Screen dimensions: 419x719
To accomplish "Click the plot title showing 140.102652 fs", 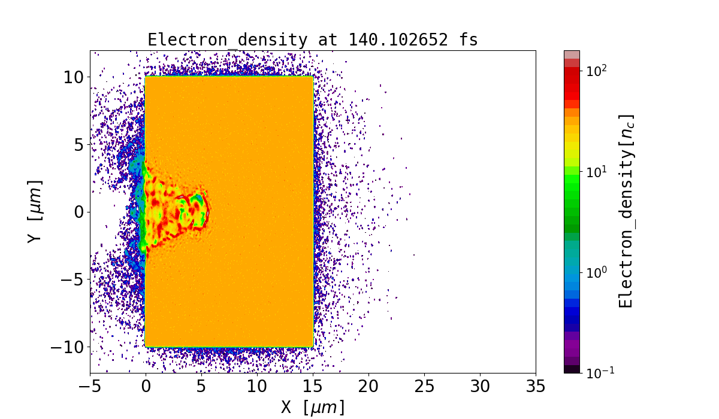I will pyautogui.click(x=312, y=40).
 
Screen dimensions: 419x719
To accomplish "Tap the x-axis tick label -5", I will pyautogui.click(x=90, y=386).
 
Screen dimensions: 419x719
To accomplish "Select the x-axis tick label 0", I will pyautogui.click(x=146, y=386).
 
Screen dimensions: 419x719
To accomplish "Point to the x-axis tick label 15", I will pyautogui.click(x=313, y=386).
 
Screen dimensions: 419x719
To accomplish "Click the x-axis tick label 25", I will pyautogui.click(x=424, y=386).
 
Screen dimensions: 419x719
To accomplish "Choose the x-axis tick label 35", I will pyautogui.click(x=536, y=386).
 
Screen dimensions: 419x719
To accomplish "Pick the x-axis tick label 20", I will pyautogui.click(x=368, y=386).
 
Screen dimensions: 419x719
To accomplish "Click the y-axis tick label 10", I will pyautogui.click(x=74, y=77).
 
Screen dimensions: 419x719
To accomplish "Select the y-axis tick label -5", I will pyautogui.click(x=71, y=280).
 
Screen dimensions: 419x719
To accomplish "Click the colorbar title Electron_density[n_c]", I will pyautogui.click(x=626, y=211).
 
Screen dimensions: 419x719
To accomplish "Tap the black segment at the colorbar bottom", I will pyautogui.click(x=572, y=369).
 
